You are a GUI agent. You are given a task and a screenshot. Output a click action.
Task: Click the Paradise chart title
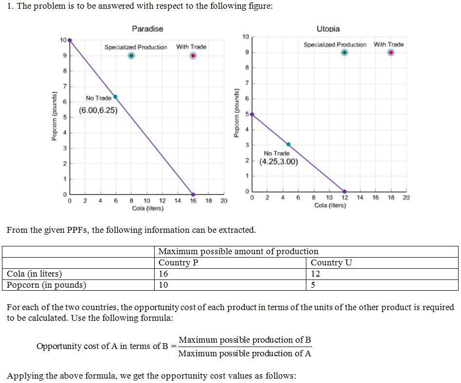(147, 29)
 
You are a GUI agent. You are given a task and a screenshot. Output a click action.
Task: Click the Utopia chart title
(328, 29)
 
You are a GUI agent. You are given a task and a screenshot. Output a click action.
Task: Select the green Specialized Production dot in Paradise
(131, 56)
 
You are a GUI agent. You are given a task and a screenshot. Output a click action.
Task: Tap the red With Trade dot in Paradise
(193, 56)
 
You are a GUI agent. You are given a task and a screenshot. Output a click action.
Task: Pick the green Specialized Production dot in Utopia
(344, 52)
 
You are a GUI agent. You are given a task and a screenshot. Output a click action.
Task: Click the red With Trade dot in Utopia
(391, 52)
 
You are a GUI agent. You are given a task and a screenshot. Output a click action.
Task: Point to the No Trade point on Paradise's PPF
(115, 97)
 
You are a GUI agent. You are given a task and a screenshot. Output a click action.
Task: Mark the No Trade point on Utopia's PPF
(288, 144)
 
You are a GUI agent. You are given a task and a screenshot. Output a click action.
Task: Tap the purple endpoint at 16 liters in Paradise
(193, 194)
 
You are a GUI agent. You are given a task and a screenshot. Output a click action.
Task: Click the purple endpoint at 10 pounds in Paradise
(70, 40)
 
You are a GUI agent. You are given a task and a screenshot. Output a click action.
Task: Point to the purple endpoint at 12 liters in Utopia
(345, 191)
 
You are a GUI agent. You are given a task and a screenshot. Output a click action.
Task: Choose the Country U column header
(331, 263)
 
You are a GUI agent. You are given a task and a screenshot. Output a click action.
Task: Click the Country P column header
(178, 263)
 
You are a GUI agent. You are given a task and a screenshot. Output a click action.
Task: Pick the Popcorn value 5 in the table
(313, 285)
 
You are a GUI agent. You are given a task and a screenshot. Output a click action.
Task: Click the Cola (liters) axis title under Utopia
(330, 206)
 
